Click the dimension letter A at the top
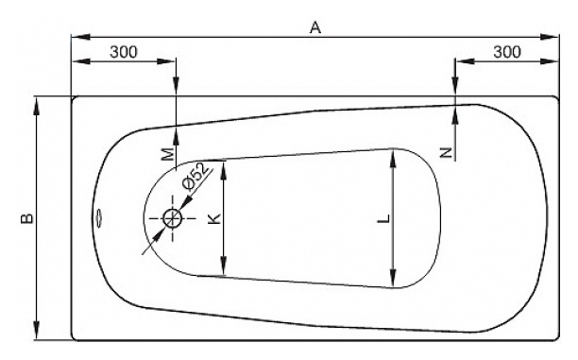pyautogui.click(x=315, y=27)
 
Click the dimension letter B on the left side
pyautogui.click(x=27, y=218)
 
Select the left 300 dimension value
pyautogui.click(x=124, y=52)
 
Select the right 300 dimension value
pyautogui.click(x=507, y=52)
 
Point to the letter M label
pyautogui.click(x=168, y=154)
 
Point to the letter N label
pyautogui.click(x=447, y=152)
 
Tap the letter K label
pyautogui.click(x=214, y=218)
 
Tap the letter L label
pyautogui.click(x=383, y=218)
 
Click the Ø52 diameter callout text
pyautogui.click(x=196, y=176)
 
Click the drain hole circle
pyautogui.click(x=172, y=218)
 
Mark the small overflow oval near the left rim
pyautogui.click(x=99, y=218)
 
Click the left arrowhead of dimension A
pyautogui.click(x=80, y=37)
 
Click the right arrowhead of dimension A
pyautogui.click(x=551, y=37)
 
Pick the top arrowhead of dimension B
pyautogui.click(x=37, y=107)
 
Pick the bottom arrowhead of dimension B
pyautogui.click(x=37, y=331)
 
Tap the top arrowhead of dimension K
pyautogui.click(x=224, y=170)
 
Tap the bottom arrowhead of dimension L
pyautogui.click(x=393, y=279)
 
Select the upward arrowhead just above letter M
pyautogui.click(x=177, y=136)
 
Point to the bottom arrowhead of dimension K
pyautogui.click(x=224, y=266)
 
